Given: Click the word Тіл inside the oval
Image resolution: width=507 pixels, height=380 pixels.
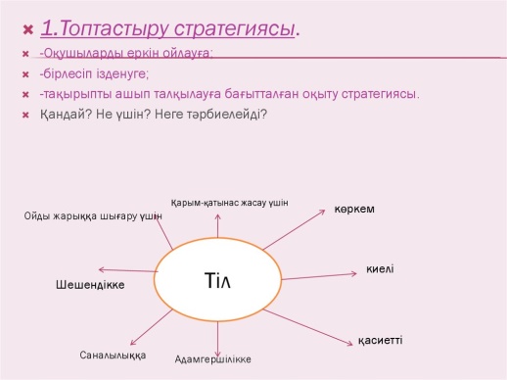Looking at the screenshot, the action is click(x=217, y=281).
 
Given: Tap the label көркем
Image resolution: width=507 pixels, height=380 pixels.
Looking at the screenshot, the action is click(x=354, y=209).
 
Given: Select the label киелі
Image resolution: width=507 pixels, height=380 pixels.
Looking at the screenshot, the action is click(x=380, y=269).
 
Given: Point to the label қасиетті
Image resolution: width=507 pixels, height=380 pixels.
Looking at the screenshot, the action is click(x=381, y=341).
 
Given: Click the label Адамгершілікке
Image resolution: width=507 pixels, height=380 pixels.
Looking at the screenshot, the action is click(x=213, y=359).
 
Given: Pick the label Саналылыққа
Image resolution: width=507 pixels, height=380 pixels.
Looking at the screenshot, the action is click(x=113, y=356).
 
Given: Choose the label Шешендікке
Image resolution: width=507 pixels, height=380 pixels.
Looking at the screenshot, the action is click(x=90, y=285).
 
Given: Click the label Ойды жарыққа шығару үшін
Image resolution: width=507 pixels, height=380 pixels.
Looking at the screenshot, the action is click(x=93, y=216).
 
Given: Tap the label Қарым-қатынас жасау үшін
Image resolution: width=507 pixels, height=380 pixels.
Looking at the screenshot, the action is click(x=230, y=203).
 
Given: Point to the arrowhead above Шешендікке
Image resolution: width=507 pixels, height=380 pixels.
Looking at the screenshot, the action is click(x=100, y=269).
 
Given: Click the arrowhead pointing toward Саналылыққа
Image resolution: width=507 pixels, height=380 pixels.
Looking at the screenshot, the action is click(x=131, y=344).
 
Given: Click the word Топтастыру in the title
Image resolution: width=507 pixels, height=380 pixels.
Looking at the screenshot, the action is click(x=115, y=28).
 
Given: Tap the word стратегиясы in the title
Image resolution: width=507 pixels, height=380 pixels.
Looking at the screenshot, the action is click(x=234, y=28).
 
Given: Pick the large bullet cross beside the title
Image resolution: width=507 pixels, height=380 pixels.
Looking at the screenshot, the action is click(x=28, y=30).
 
